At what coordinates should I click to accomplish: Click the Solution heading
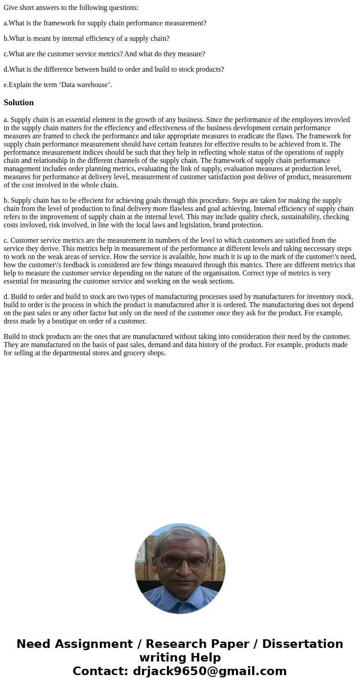point(19,103)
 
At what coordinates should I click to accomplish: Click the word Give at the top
point(11,8)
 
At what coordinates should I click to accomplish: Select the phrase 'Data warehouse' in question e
point(87,85)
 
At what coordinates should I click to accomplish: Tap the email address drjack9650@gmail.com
point(209,671)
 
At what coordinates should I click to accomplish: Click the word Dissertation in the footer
point(302,644)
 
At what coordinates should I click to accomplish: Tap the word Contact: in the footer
point(101,671)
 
